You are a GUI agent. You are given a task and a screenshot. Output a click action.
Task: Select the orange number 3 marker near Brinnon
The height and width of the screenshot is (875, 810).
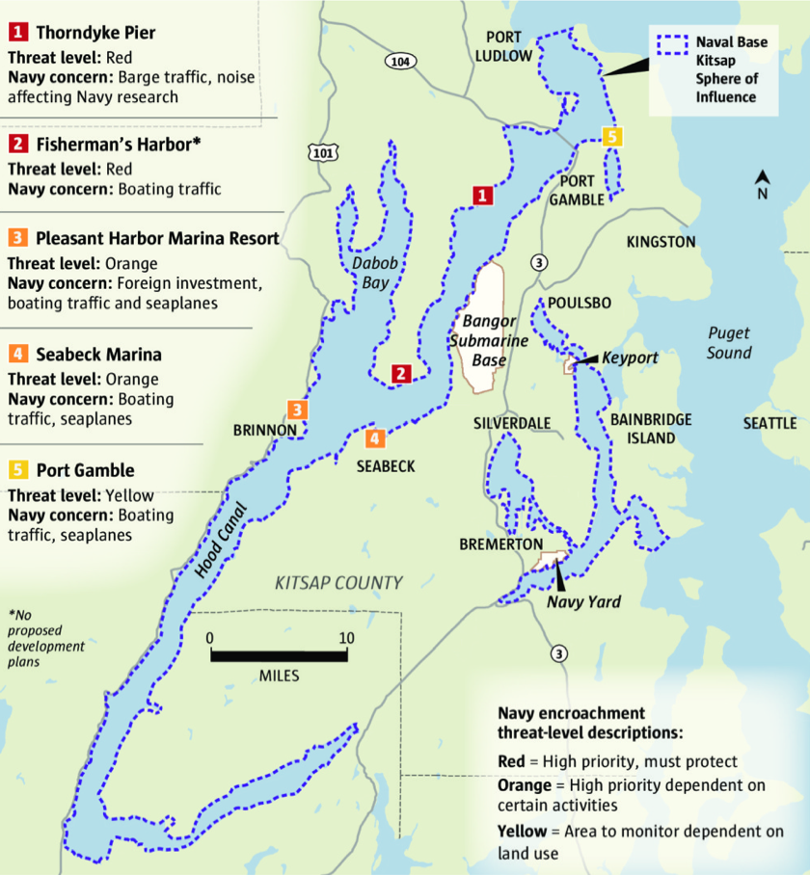(x=299, y=410)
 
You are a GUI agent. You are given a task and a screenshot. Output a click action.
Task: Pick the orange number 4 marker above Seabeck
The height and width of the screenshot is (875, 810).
(x=375, y=438)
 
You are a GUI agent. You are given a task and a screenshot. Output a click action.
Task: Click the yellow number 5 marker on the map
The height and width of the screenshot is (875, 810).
(x=611, y=136)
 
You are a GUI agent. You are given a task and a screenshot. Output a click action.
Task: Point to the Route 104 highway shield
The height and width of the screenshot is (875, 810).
(x=400, y=61)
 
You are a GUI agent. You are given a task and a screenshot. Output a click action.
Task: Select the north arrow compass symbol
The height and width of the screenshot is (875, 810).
(x=762, y=182)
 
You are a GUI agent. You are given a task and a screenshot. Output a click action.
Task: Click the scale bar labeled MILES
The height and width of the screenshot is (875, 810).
(x=279, y=655)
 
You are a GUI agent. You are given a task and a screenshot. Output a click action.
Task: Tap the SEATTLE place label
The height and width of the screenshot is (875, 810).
(x=769, y=423)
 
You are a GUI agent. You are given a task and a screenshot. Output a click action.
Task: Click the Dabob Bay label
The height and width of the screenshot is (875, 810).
(x=368, y=272)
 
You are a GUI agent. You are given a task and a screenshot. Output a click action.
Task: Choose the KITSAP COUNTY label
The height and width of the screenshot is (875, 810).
(x=338, y=582)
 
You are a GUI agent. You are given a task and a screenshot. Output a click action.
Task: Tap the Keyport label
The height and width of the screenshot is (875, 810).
(x=630, y=358)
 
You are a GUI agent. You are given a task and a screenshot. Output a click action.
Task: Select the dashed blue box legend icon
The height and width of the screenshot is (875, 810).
(x=673, y=43)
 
